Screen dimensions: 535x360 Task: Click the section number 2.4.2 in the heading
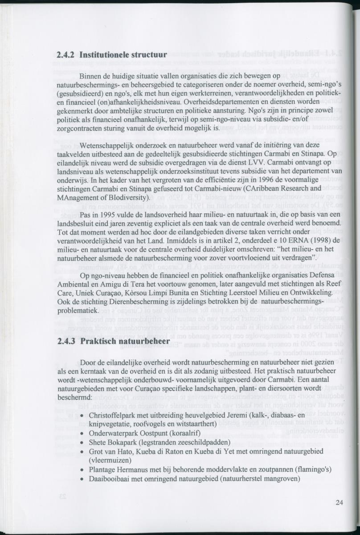66,55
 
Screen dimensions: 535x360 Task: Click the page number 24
340,502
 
